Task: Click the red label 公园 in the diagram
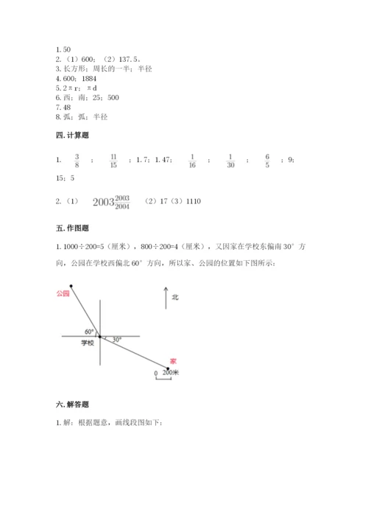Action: (62, 293)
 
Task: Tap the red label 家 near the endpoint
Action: (173, 360)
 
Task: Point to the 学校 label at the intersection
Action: (88, 343)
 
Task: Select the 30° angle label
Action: (116, 339)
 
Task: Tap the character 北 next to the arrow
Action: (175, 298)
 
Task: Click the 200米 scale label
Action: (171, 374)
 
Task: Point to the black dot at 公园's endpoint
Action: (71, 287)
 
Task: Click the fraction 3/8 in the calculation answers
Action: (77, 161)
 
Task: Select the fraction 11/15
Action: (113, 161)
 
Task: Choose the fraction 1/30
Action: (230, 161)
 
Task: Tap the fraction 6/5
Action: (268, 161)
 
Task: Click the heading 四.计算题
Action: (71, 136)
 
